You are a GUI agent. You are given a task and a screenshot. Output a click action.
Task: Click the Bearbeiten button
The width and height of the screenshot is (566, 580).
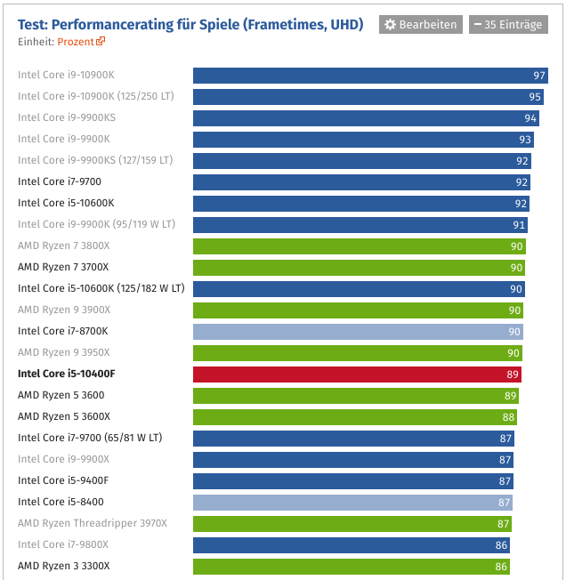421,24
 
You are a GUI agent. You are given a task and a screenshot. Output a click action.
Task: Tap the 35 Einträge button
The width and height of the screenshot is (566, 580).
507,24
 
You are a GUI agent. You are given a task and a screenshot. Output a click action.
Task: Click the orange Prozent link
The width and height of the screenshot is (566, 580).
81,42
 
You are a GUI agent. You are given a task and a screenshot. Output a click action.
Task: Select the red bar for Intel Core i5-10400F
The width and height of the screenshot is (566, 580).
357,374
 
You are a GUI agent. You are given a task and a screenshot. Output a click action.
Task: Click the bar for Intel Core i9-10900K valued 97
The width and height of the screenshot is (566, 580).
370,76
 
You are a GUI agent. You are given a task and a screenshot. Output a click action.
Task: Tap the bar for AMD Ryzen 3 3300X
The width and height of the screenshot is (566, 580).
352,566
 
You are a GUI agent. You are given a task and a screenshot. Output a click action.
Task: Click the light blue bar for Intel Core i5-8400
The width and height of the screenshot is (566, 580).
352,502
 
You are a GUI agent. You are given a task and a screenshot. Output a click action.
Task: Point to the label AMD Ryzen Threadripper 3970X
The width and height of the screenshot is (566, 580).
93,523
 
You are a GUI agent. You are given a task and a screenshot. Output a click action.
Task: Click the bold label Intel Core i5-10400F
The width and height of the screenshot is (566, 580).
67,374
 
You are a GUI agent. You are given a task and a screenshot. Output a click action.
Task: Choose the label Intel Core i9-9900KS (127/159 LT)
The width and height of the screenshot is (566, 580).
95,160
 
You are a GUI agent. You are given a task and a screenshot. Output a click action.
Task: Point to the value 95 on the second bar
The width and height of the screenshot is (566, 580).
535,97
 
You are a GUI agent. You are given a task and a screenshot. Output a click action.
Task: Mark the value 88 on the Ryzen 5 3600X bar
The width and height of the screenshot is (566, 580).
508,417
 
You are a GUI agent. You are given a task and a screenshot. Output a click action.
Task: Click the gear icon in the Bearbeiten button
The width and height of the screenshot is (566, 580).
390,24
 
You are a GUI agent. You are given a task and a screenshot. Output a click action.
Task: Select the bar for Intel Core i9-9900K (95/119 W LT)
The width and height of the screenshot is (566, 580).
360,224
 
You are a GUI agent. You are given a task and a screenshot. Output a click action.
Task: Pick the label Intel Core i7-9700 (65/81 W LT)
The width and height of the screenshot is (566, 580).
90,438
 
